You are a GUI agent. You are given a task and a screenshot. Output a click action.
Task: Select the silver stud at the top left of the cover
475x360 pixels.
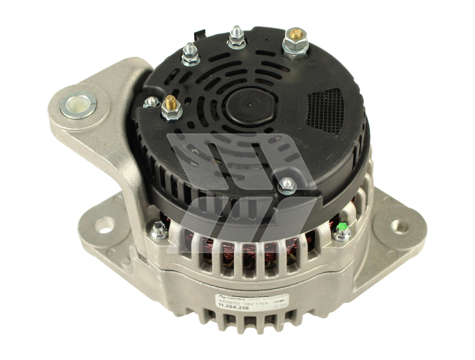[190, 54]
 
